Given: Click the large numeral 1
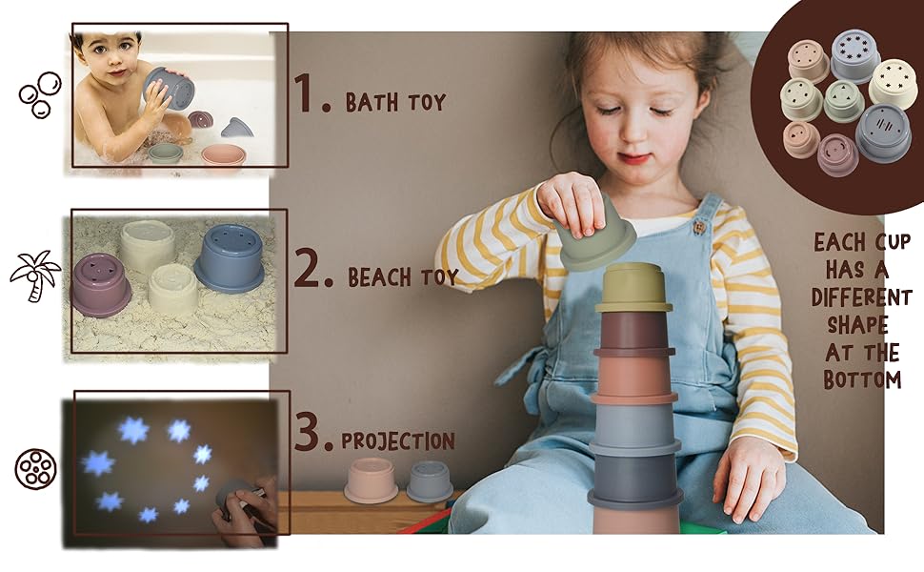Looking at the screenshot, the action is (x=305, y=92).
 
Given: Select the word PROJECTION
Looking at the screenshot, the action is (x=398, y=441).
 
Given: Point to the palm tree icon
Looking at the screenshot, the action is (x=34, y=276).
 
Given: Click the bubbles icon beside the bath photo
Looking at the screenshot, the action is (x=39, y=94).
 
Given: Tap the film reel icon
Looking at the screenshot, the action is (x=35, y=469).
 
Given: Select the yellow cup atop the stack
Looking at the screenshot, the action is (x=633, y=288).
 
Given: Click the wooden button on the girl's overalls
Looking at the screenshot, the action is (x=699, y=227).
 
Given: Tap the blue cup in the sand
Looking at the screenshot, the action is (x=230, y=257).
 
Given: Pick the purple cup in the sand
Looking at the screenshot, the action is (x=101, y=285).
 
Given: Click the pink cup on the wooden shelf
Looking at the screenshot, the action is (x=372, y=480).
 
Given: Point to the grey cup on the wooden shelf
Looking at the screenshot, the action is (x=430, y=481).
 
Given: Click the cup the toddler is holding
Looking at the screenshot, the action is (x=169, y=88).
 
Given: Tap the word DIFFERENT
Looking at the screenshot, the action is (x=861, y=296).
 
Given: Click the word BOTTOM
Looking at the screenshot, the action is (x=862, y=379).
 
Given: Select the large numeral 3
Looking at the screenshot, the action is (x=307, y=432).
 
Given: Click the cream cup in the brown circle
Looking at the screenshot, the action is (x=893, y=83).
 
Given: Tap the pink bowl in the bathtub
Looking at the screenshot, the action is (x=223, y=154).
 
